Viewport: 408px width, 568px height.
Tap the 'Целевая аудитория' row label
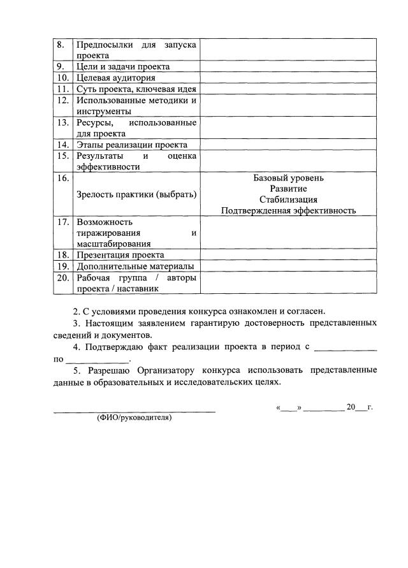tap(115, 78)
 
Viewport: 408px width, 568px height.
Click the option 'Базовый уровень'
tap(288, 178)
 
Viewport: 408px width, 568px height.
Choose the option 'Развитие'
tap(288, 189)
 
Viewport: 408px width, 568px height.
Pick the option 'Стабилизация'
tap(288, 200)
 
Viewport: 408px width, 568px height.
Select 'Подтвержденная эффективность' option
tap(288, 210)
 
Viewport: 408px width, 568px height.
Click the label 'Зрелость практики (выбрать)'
tap(136, 194)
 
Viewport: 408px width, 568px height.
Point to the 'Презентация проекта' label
tap(120, 255)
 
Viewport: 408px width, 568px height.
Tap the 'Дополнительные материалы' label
tap(135, 266)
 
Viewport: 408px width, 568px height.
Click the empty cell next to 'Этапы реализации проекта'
tap(288, 145)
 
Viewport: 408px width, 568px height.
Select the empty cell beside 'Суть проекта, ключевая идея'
tap(288, 89)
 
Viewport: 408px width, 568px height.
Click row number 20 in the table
tap(62, 278)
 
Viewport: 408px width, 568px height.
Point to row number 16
tap(62, 178)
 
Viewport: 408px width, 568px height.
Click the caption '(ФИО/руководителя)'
tap(135, 419)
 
